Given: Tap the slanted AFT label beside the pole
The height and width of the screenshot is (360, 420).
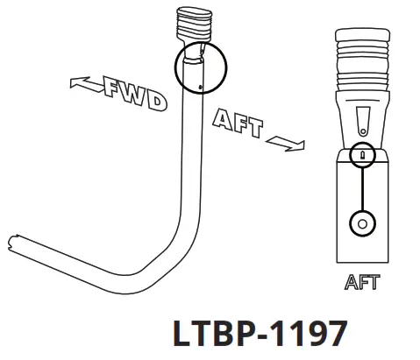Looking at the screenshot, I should [x=237, y=123].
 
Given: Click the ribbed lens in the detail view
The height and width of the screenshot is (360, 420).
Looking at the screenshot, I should [x=361, y=59].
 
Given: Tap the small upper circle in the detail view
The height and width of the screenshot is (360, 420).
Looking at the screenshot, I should [x=362, y=154].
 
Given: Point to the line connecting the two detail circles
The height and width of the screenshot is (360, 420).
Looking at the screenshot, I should [x=362, y=187].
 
